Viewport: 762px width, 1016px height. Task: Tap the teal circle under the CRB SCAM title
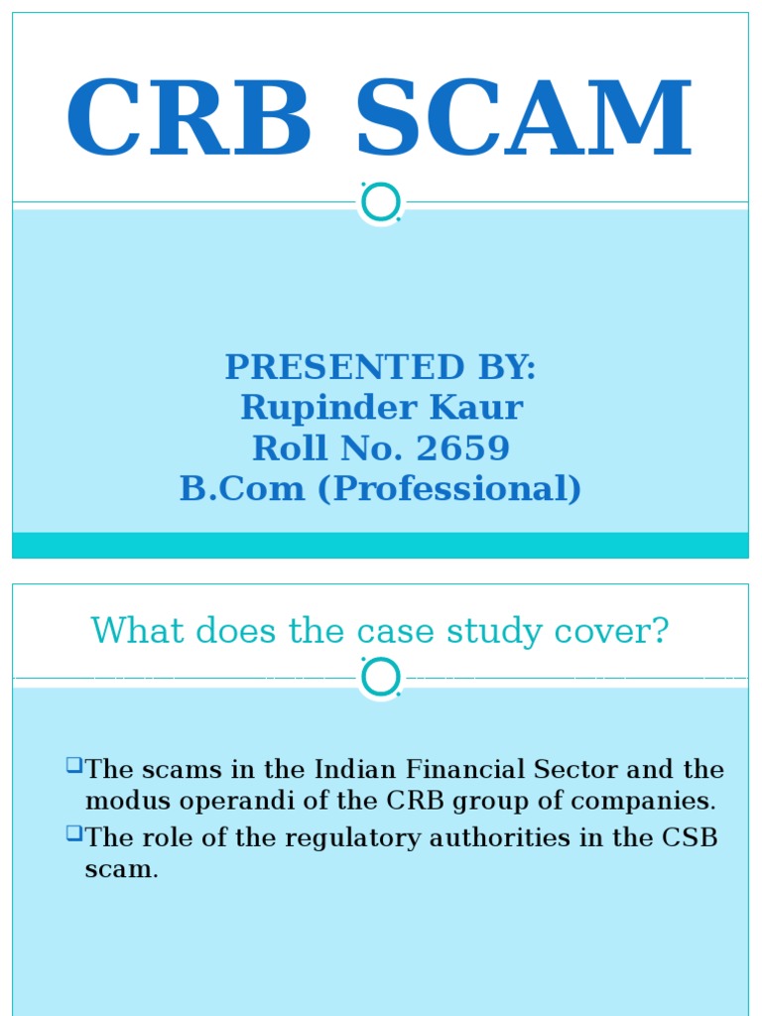(x=381, y=202)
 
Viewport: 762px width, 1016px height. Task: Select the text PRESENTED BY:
(x=381, y=367)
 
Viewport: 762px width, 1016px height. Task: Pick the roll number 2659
(x=463, y=448)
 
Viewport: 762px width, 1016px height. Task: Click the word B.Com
(x=242, y=489)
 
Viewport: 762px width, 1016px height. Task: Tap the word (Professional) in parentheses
(x=449, y=489)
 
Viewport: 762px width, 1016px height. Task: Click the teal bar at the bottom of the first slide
(x=381, y=545)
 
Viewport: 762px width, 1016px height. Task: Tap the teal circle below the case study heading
(x=381, y=678)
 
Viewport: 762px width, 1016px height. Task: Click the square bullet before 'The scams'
(x=74, y=765)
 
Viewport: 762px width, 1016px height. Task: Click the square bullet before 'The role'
(x=74, y=834)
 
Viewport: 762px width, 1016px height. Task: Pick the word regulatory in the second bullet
(x=343, y=839)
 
